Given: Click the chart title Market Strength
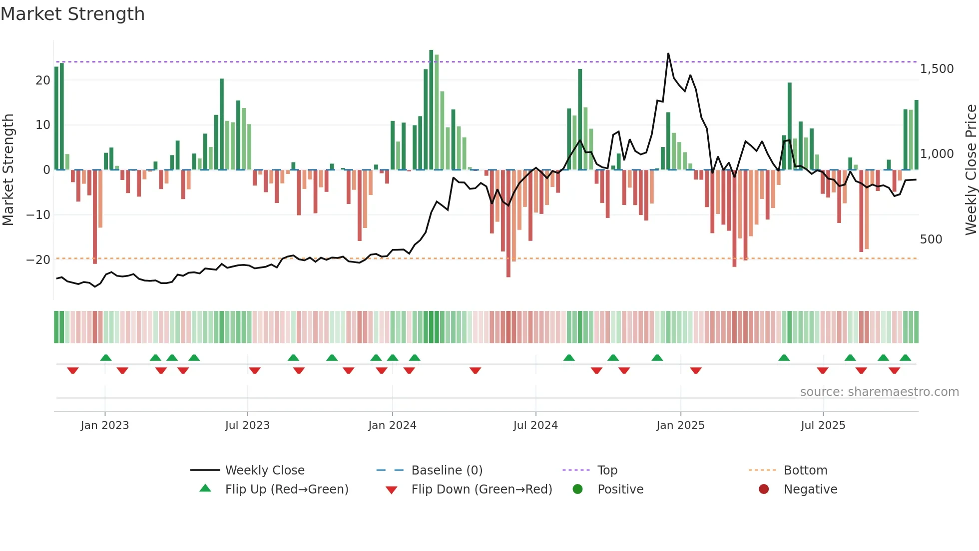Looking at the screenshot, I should (72, 14).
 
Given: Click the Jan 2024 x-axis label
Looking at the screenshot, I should (392, 425).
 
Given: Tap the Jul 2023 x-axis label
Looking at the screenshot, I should (247, 425).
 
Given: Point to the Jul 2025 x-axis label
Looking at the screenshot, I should (823, 425).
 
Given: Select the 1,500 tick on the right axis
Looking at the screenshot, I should (937, 69).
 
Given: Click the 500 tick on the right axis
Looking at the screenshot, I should (931, 239).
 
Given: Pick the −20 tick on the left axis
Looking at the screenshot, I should (38, 260).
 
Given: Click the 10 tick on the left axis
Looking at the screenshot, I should (43, 125).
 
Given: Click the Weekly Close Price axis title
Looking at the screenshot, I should (971, 170).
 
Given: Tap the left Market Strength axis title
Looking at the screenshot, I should (8, 170).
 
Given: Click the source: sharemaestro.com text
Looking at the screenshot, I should (879, 392).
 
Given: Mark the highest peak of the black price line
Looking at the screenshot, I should (668, 54).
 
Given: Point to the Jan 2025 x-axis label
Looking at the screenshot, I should (680, 425).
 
